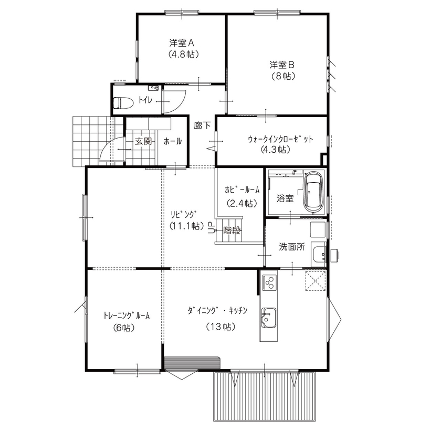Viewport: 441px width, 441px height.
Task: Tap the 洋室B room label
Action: pyautogui.click(x=282, y=65)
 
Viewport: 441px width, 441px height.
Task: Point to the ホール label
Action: pyautogui.click(x=173, y=141)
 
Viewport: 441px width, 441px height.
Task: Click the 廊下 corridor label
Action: pyautogui.click(x=202, y=126)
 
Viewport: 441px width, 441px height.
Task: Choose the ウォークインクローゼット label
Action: pyautogui.click(x=280, y=139)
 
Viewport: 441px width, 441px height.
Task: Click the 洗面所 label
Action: pyautogui.click(x=291, y=247)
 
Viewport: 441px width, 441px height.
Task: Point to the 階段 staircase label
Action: pyautogui.click(x=232, y=229)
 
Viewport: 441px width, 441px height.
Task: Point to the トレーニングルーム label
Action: pyautogui.click(x=127, y=316)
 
